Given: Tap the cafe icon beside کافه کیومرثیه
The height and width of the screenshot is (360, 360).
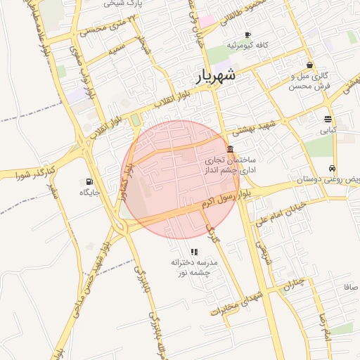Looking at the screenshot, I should point(247,35).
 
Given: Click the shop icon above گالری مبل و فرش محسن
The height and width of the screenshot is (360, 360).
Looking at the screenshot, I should point(309,65).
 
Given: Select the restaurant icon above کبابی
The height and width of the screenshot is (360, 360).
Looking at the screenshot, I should point(328,119).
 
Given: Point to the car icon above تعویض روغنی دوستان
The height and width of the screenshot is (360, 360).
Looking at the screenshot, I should point(331,169).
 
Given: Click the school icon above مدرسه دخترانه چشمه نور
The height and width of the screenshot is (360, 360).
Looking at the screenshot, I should point(194,252).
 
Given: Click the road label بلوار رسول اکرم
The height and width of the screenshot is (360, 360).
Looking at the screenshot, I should point(225,198).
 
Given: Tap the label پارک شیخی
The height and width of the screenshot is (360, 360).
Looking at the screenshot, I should point(127,4).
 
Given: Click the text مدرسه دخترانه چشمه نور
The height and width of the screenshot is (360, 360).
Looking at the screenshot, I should point(194,266).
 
